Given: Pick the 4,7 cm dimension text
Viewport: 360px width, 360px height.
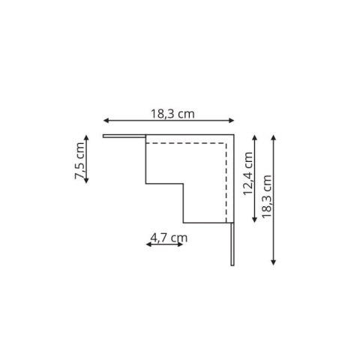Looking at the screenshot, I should tap(168, 238).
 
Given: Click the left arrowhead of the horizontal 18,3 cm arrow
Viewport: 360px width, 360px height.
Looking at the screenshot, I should tap(106, 121).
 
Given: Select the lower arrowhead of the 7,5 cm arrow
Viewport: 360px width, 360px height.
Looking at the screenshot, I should tap(87, 182).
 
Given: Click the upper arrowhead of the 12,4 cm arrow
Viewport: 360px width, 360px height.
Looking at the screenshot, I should tap(255, 137).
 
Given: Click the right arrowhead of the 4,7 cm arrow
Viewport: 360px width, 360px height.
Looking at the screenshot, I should tap(181, 244).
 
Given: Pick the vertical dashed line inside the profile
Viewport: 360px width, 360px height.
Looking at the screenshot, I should tap(228, 180).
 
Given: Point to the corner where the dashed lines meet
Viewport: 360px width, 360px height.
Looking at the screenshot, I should tap(228, 142).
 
